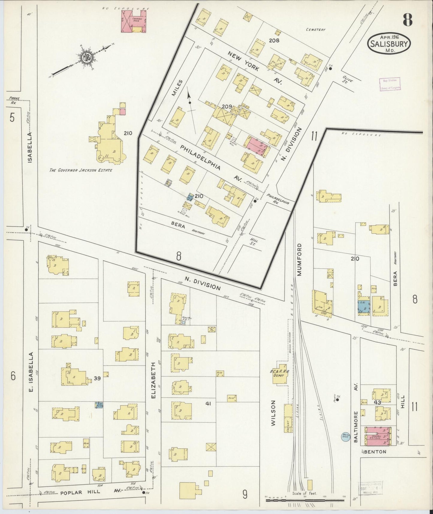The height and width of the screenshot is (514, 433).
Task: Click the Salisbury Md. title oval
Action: point(389,44)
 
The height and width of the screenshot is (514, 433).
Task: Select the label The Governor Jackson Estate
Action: point(81,170)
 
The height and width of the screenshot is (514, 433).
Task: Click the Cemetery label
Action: point(316,30)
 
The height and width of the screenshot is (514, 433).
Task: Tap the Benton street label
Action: point(375,452)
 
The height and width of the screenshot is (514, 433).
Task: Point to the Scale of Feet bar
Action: point(305,500)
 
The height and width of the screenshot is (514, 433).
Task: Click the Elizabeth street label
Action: point(153,381)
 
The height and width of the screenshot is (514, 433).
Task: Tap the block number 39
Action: point(97,378)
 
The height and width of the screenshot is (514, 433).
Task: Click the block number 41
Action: point(209,404)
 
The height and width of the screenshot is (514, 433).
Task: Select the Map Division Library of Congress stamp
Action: point(390,84)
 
